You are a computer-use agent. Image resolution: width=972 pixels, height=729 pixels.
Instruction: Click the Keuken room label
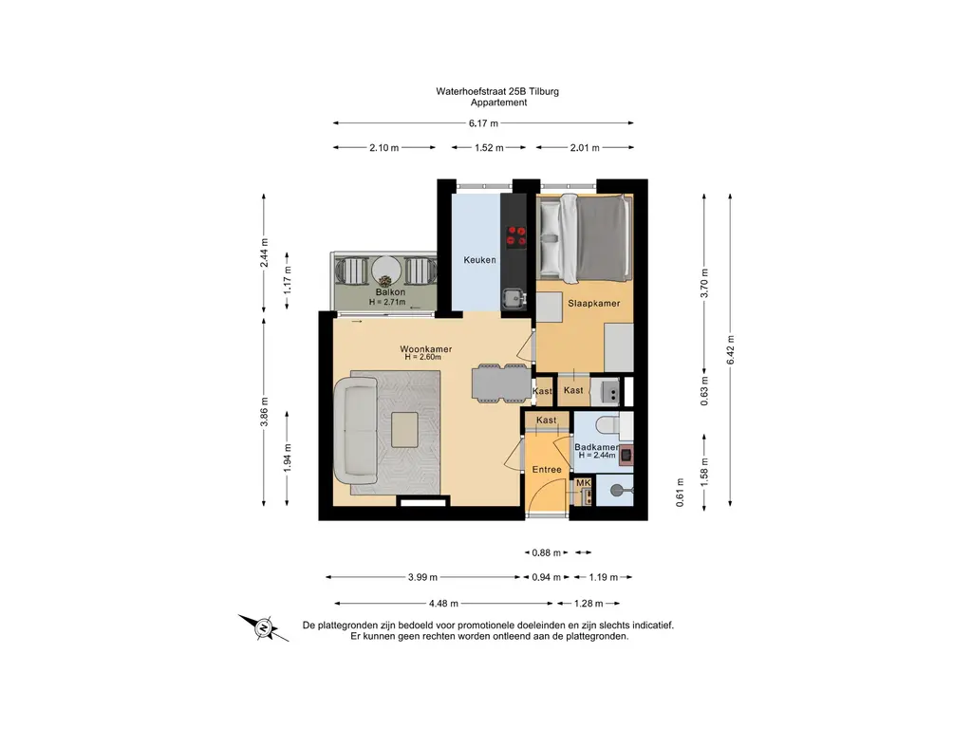coord(479,260)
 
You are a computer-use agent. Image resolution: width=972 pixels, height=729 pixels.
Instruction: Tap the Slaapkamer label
coord(594,303)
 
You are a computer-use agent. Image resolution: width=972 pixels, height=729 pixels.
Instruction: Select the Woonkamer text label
coord(426,349)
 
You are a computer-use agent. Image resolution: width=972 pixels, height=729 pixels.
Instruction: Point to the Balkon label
coord(390,292)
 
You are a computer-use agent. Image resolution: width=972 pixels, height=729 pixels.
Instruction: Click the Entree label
coord(547,469)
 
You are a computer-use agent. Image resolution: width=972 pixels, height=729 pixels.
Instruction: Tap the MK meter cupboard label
coord(584,483)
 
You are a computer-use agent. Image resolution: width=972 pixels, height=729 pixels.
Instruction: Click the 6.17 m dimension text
coord(483,123)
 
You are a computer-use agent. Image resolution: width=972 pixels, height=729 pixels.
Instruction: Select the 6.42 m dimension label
coord(730,350)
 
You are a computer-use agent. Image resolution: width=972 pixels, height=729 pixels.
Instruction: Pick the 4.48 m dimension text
coord(443,603)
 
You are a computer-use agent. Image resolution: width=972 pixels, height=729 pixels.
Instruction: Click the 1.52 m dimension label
coord(489,147)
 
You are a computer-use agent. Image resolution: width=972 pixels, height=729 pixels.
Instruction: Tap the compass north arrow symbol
coord(264,628)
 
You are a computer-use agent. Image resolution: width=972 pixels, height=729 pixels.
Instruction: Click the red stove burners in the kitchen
coord(516,236)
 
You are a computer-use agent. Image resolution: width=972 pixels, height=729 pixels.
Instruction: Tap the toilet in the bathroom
coord(606,424)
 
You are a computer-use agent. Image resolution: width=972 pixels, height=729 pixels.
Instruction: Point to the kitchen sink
coord(513,299)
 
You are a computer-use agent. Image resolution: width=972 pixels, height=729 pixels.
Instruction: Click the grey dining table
coord(501,383)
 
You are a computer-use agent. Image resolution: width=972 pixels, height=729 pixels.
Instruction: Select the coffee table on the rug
coord(404,430)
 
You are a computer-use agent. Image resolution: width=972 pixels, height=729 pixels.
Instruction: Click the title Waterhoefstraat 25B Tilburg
coord(497,91)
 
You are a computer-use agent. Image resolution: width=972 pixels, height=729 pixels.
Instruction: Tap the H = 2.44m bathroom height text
coord(597,455)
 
